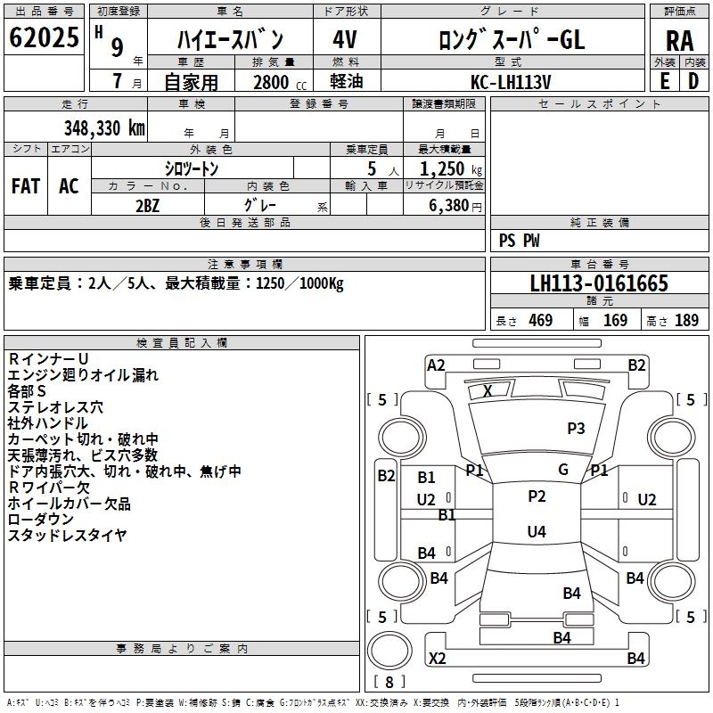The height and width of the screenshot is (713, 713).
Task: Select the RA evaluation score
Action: (679, 40)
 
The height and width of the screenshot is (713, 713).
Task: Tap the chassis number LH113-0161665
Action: (599, 284)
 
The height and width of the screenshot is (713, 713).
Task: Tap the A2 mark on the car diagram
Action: (436, 365)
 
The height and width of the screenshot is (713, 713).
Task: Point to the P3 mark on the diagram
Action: (576, 429)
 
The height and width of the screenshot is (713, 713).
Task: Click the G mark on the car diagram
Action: (563, 470)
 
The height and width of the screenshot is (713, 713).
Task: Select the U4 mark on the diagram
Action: (537, 532)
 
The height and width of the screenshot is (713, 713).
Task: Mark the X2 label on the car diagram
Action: (438, 659)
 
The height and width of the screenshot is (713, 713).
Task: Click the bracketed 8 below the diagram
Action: (389, 682)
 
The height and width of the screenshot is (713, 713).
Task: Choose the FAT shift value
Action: (26, 185)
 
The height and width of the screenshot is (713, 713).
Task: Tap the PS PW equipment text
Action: (520, 240)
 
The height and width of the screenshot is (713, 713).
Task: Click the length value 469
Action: (540, 321)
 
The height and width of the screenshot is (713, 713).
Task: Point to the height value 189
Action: (686, 321)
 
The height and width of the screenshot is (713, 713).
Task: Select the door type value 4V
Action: (344, 40)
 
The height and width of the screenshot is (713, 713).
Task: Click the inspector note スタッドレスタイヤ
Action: (68, 536)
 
